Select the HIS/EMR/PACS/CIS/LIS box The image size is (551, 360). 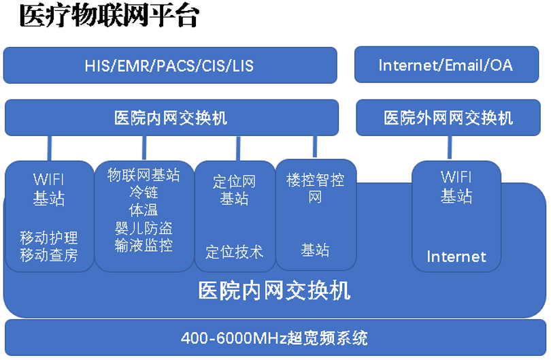coord(169,66)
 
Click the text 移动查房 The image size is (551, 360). coord(49,255)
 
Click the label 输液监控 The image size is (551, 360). coord(144,245)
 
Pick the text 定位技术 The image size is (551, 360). coord(235,252)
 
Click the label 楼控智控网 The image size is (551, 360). coord(315,189)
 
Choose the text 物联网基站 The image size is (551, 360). coord(144,175)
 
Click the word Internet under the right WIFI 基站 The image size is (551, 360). coord(456,257)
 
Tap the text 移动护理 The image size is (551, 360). coord(49,238)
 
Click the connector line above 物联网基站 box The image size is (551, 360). coord(144,147)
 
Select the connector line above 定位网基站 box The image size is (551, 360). coord(237,148)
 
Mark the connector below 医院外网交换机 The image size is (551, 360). coord(450,147)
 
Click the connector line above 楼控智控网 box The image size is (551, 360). coord(315,146)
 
